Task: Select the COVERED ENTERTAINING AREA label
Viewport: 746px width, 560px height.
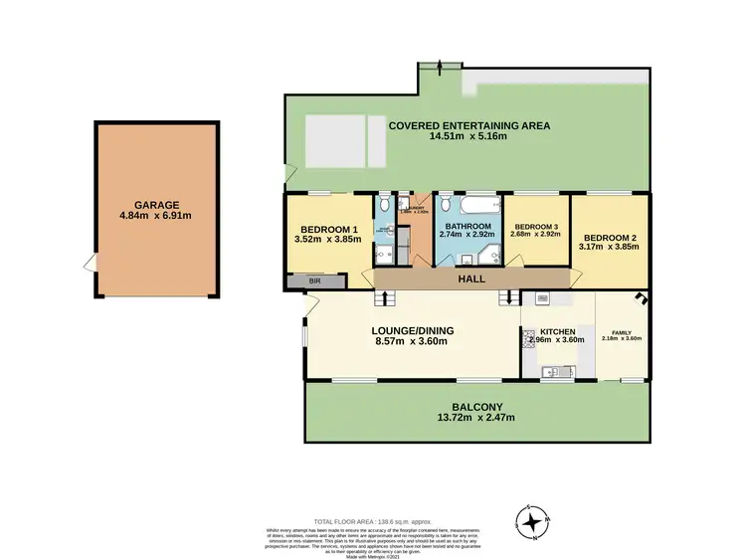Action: click(x=469, y=126)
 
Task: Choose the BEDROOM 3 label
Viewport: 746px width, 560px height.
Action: click(x=535, y=226)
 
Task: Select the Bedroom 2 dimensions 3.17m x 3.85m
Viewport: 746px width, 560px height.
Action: click(x=610, y=249)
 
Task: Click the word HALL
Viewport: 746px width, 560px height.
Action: click(x=470, y=280)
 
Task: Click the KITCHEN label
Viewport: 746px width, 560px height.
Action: click(x=558, y=331)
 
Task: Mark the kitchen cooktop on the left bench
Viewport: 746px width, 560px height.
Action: click(x=528, y=338)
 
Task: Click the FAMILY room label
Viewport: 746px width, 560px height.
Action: click(x=623, y=331)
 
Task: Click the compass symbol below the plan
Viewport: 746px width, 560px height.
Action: click(x=533, y=520)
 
